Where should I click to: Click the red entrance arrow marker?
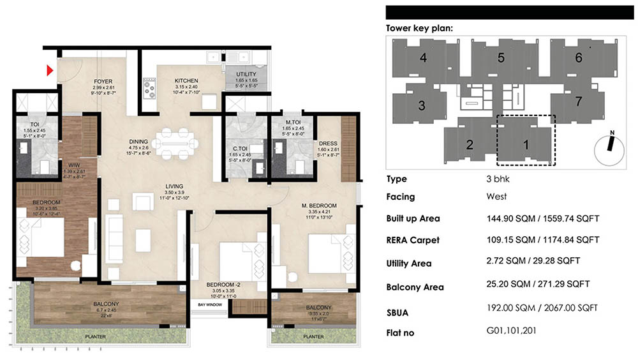pos(48,71)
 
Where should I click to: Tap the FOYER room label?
pos(103,82)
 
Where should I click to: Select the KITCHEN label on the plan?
pos(187,81)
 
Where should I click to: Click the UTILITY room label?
pos(246,75)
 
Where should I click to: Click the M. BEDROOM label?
pos(319,205)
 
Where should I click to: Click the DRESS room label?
pos(328,144)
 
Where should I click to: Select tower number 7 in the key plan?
pos(579,101)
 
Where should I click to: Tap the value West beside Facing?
pos(496,197)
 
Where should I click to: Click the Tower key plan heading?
pos(420,28)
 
